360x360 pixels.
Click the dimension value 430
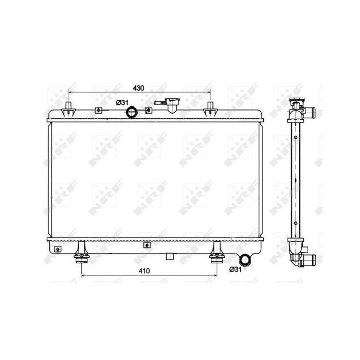138,88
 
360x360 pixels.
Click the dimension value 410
144,271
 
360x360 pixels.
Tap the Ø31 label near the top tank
122,103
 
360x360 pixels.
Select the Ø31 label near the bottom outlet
236,269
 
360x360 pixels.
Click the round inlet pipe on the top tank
132,112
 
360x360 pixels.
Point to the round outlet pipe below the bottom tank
246,260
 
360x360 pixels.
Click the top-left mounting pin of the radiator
68,109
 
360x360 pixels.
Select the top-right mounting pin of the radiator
210,109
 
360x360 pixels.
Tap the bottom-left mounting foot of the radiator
81,253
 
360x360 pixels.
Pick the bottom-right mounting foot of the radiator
217,253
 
